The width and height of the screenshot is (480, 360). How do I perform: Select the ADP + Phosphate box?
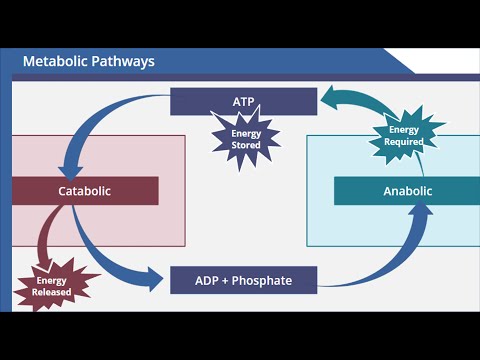click(x=243, y=280)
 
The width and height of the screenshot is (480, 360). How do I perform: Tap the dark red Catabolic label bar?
click(x=84, y=190)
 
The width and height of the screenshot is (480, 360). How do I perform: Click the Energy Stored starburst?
click(x=245, y=138)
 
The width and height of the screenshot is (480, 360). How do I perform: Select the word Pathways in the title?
click(x=124, y=62)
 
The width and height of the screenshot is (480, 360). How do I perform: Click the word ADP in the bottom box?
click(x=208, y=280)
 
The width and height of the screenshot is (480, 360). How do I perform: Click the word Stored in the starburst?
click(x=246, y=145)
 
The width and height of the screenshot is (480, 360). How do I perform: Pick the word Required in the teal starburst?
click(x=404, y=142)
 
